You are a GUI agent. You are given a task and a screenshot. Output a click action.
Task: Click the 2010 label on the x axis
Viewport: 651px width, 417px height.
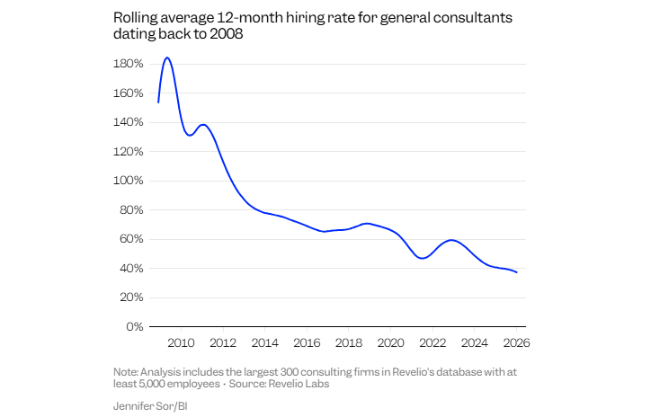coord(181,342)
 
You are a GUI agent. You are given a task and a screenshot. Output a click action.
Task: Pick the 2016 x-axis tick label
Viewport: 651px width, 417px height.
coord(307,342)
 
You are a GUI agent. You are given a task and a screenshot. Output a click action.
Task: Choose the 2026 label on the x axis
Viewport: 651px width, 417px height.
coord(516,342)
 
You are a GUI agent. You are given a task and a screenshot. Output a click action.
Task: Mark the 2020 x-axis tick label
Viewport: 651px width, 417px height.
coord(390,342)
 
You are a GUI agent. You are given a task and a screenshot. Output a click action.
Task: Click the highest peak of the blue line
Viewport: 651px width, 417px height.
coord(167,58)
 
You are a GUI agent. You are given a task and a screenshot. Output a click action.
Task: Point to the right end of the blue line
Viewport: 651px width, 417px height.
coord(516,272)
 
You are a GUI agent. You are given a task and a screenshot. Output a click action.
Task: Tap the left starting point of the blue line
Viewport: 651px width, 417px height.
coord(158,102)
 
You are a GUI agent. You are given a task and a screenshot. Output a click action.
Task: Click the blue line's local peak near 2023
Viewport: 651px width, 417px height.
coord(451,240)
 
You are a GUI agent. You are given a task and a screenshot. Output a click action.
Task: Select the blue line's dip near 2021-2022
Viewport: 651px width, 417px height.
coord(422,258)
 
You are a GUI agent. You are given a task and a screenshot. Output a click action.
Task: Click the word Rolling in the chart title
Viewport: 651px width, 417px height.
coord(133,18)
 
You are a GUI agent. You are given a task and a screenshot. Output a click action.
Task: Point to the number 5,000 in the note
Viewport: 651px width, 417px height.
coord(149,385)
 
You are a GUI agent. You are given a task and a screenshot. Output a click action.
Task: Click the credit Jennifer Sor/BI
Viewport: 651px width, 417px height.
coord(150,406)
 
